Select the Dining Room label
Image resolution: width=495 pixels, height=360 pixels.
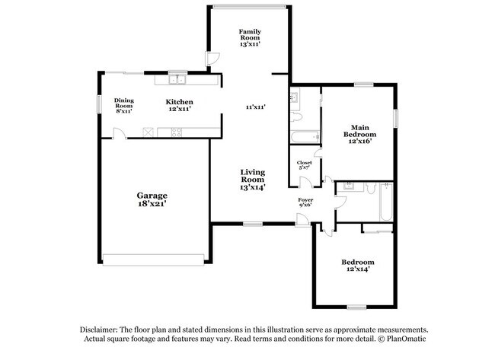click(123, 105)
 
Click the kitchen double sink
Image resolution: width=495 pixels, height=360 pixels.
click(178, 78)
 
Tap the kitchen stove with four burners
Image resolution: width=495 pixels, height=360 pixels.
click(177, 131)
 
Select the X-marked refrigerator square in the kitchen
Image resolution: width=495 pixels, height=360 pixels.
click(149, 131)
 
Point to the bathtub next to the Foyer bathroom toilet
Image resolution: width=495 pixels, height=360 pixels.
click(385, 203)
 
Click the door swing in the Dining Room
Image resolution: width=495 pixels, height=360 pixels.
click(119, 133)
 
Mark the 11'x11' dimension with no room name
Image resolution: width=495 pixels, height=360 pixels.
click(254, 107)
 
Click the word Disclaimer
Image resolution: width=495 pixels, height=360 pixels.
click(100, 328)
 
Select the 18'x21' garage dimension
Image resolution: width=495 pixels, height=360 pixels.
click(152, 203)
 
